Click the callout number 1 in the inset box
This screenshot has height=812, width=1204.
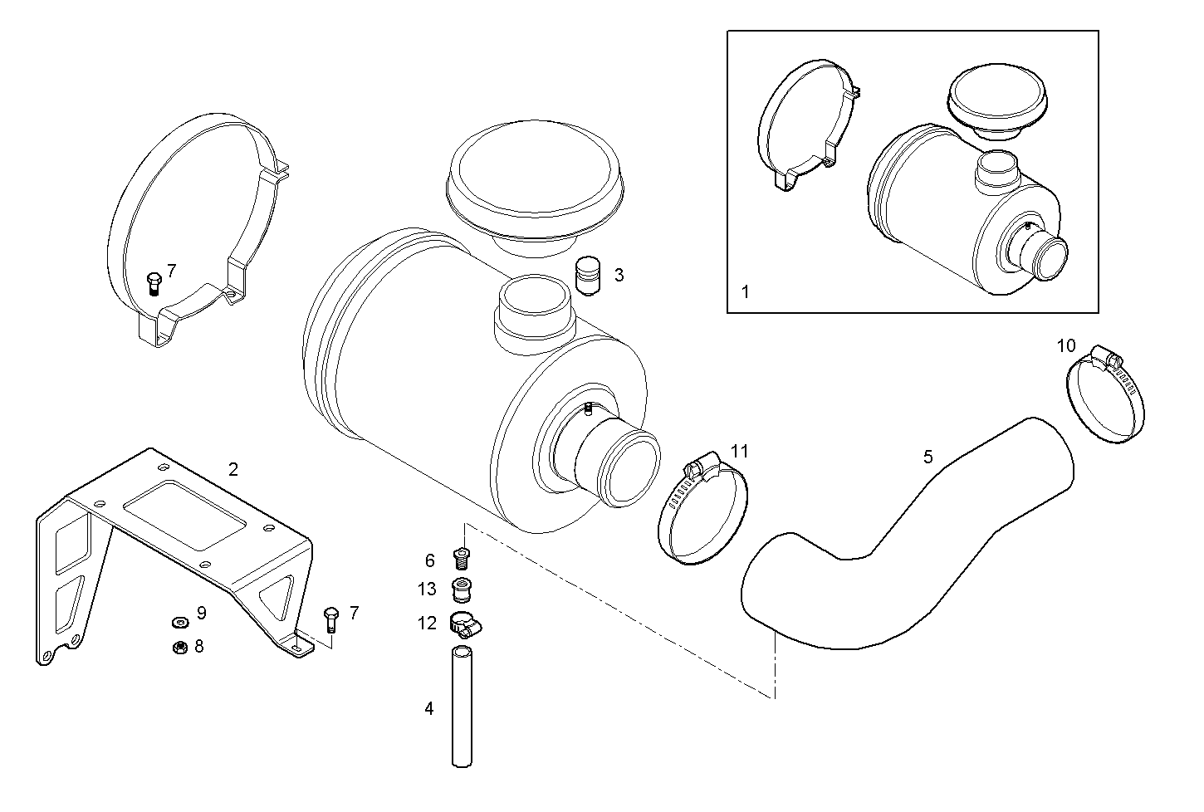pos(745,291)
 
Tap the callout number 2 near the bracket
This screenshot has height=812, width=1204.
pos(233,469)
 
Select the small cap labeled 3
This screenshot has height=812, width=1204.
pos(588,275)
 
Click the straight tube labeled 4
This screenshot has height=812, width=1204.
pos(461,707)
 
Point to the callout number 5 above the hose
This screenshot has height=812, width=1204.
pos(927,456)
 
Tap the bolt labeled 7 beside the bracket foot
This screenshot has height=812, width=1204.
pos(330,619)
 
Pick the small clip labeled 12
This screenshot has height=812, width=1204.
pos(462,623)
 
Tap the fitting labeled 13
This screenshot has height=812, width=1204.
pos(462,590)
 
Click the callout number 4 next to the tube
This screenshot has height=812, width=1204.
pos(428,708)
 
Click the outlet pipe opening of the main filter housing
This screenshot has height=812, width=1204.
pos(631,470)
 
